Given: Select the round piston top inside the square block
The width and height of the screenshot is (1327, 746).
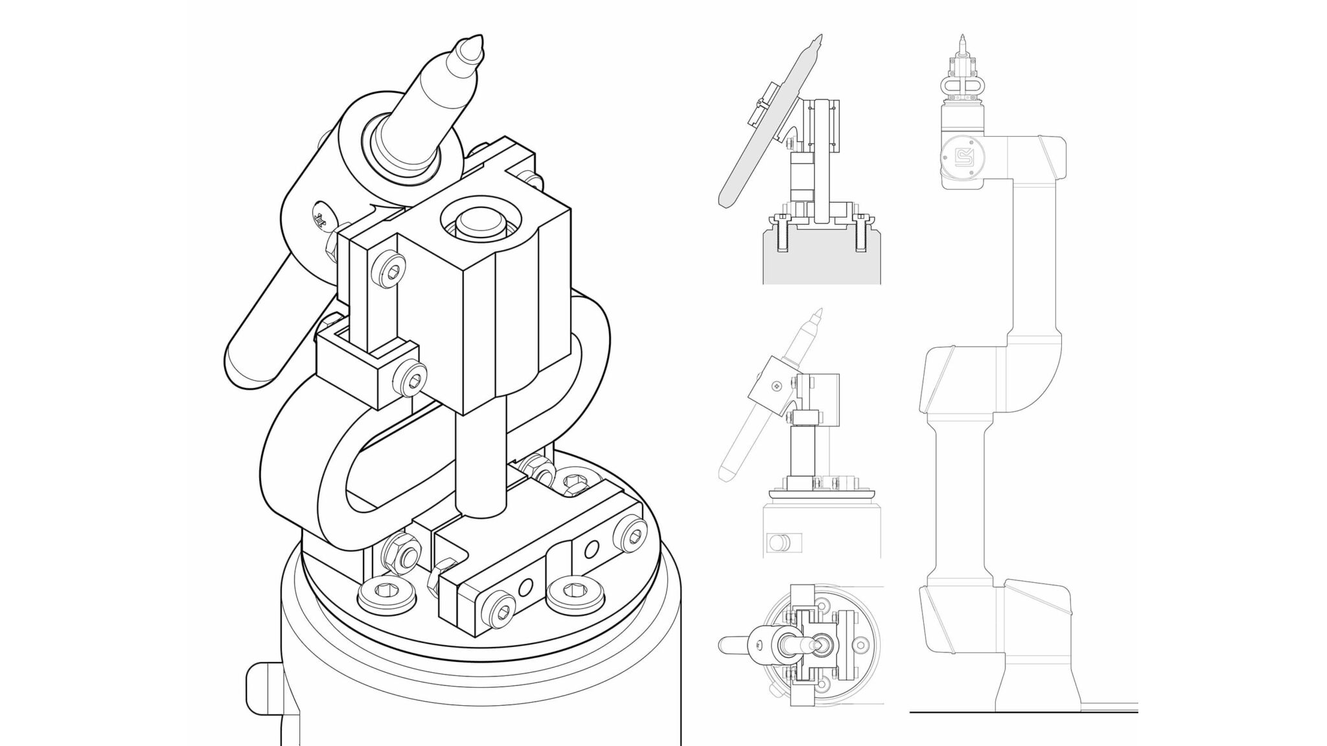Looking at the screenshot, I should pos(481,224).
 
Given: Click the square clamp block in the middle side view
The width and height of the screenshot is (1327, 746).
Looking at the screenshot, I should pos(768,389).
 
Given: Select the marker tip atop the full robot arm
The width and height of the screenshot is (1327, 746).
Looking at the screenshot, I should pos(962,39).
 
